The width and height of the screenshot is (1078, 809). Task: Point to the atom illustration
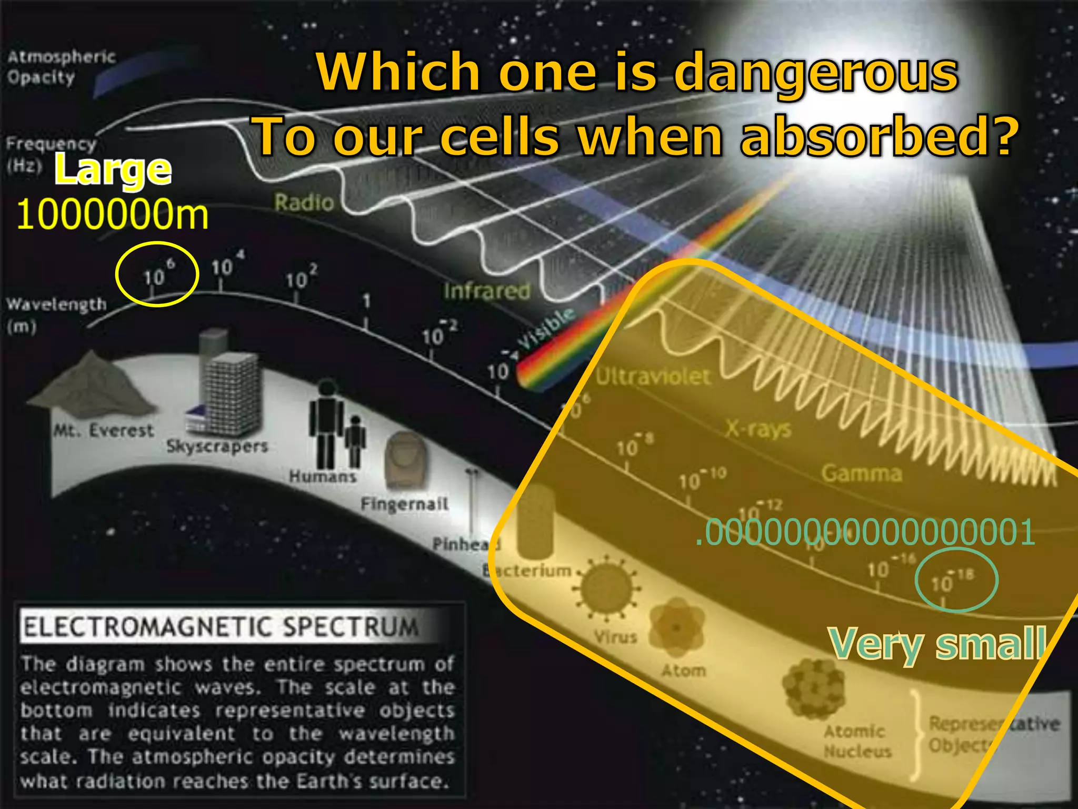point(676,627)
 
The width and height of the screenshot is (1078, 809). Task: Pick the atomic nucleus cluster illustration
point(814,687)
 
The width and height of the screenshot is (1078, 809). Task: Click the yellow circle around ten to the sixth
point(157,274)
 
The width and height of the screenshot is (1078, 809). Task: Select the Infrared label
point(486,291)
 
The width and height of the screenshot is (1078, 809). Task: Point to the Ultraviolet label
point(653,377)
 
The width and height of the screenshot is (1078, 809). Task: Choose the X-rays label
point(758,429)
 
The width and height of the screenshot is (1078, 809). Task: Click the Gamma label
point(862,473)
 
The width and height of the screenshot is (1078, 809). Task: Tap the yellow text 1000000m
point(112,215)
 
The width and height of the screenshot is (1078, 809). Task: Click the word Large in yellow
point(113,170)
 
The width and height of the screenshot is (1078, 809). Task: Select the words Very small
point(937,644)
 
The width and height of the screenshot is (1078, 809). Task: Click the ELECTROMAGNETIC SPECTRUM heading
point(221,627)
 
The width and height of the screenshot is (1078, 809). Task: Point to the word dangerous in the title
point(816,74)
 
